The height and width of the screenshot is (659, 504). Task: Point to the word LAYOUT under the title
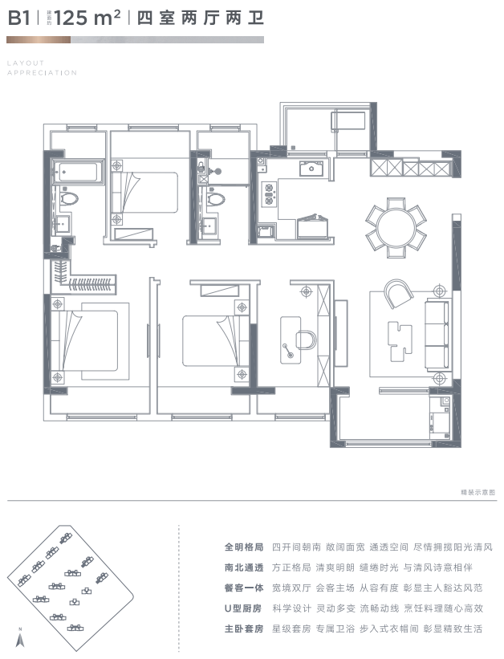point(26,62)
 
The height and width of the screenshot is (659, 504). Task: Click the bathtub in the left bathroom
point(78,171)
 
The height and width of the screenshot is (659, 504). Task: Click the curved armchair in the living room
point(396,294)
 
